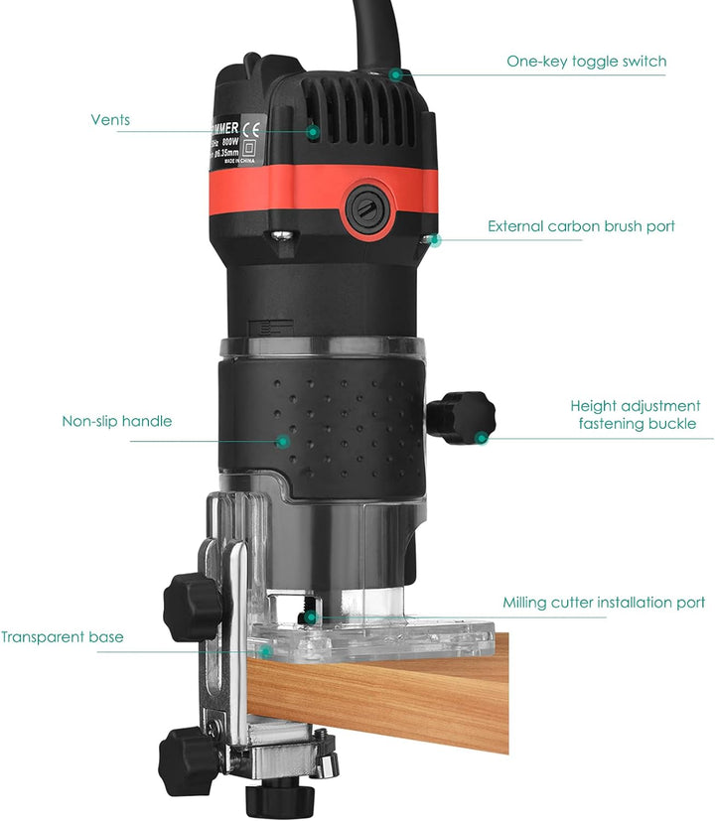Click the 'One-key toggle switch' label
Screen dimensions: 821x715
coord(586,62)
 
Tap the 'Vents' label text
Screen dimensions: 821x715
coord(110,120)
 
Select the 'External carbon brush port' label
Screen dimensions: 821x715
coord(581,226)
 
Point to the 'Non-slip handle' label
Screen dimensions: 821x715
coord(116,421)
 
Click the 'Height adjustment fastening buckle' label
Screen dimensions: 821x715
coord(635,415)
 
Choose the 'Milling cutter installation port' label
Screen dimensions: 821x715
coord(604,603)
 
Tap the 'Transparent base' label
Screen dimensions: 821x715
coord(63,637)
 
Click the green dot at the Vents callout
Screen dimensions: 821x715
coord(313,130)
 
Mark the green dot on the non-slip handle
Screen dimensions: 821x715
coord(283,441)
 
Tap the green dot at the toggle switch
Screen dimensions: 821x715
coord(395,73)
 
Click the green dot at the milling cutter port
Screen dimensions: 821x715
coord(311,616)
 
